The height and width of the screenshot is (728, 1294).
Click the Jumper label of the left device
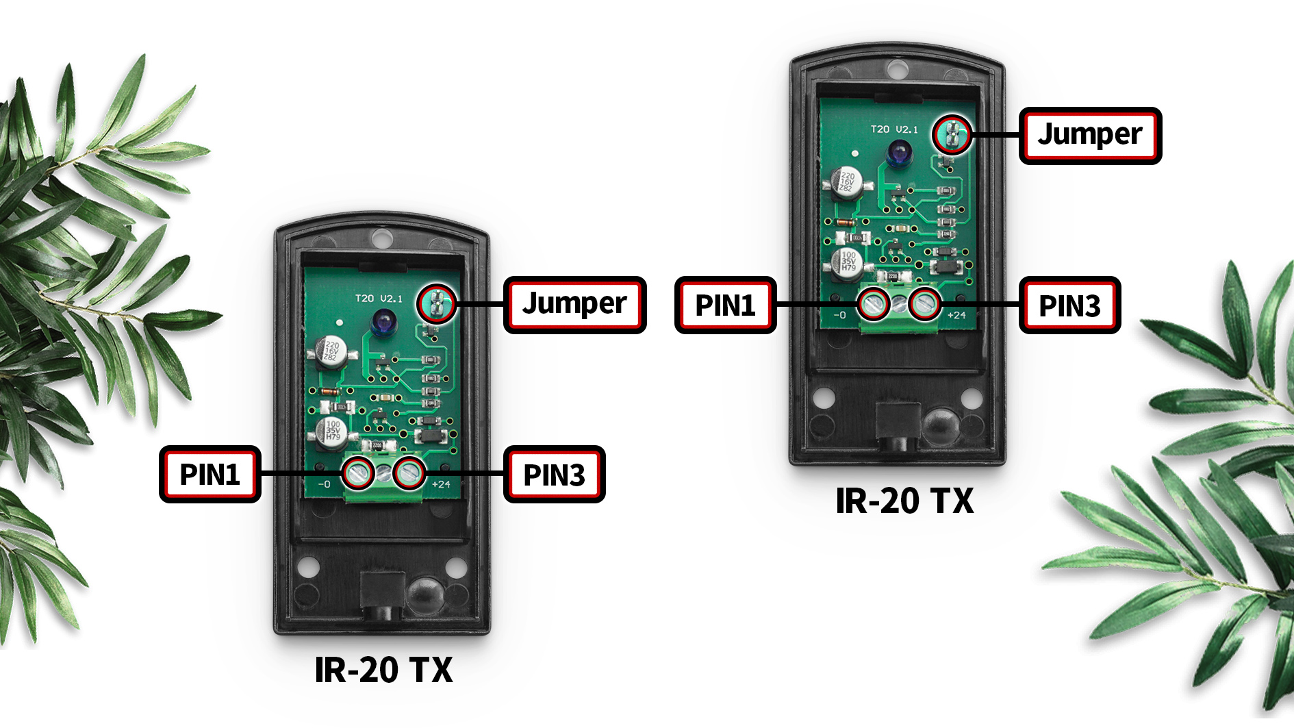point(574,305)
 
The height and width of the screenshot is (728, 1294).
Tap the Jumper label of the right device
point(1090,136)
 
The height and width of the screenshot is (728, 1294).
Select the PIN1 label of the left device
point(210,475)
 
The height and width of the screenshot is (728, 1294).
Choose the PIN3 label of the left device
point(554,475)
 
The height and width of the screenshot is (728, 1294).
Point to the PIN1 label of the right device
point(725,305)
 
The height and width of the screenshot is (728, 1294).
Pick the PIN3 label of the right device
point(1069,305)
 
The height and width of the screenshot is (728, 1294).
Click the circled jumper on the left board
point(436,303)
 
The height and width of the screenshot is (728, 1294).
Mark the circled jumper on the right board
point(952,134)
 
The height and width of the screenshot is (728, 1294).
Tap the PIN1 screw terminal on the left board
point(358,473)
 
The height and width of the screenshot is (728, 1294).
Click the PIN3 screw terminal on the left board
point(409,473)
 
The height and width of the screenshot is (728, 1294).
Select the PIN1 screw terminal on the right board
point(874,303)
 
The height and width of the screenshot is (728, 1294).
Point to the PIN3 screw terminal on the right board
point(924,303)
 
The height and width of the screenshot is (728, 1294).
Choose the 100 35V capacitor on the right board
point(848,262)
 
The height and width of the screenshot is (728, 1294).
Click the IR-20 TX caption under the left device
point(383,670)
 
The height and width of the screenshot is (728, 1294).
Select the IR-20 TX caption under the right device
point(904,501)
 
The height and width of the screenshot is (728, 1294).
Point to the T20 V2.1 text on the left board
point(379,299)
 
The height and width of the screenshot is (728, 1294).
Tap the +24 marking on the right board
point(956,315)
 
